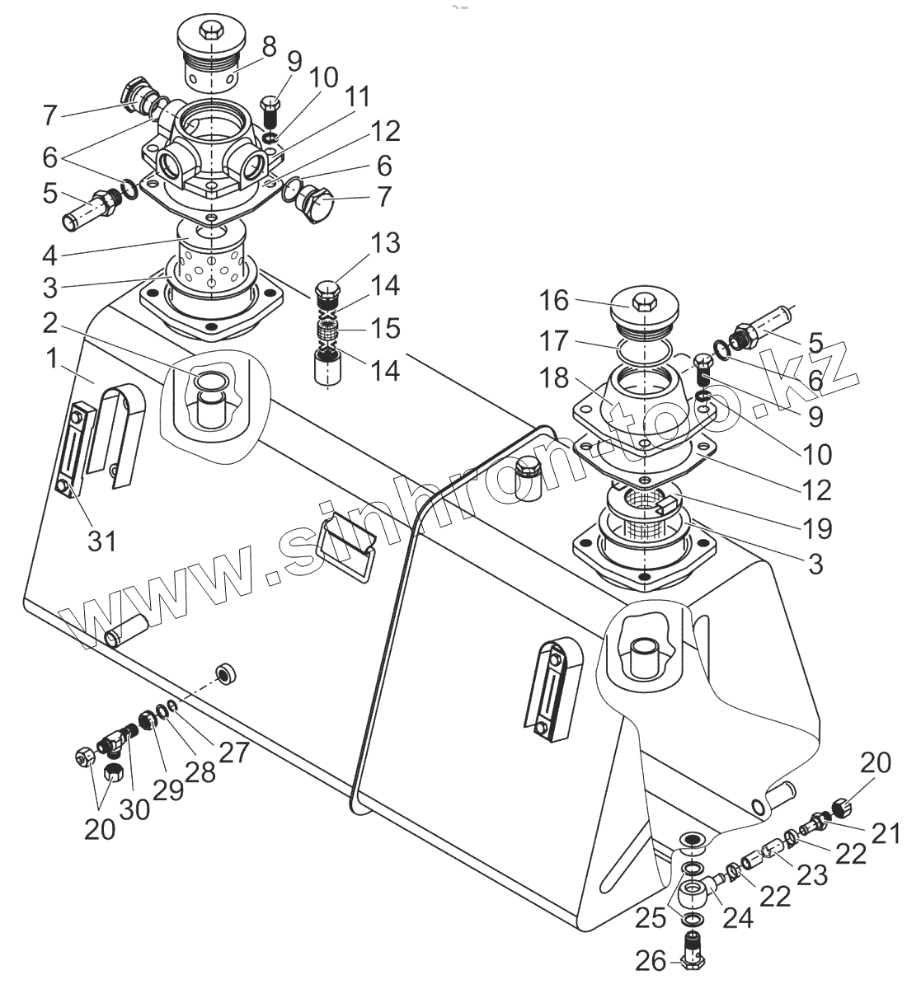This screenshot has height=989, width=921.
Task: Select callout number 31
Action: (x=101, y=541)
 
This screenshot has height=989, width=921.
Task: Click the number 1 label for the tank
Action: (x=51, y=359)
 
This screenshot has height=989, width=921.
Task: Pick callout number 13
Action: (x=385, y=244)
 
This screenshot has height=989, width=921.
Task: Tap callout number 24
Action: (x=738, y=916)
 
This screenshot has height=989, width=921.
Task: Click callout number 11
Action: (x=355, y=96)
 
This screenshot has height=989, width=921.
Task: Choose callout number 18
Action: (x=554, y=378)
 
